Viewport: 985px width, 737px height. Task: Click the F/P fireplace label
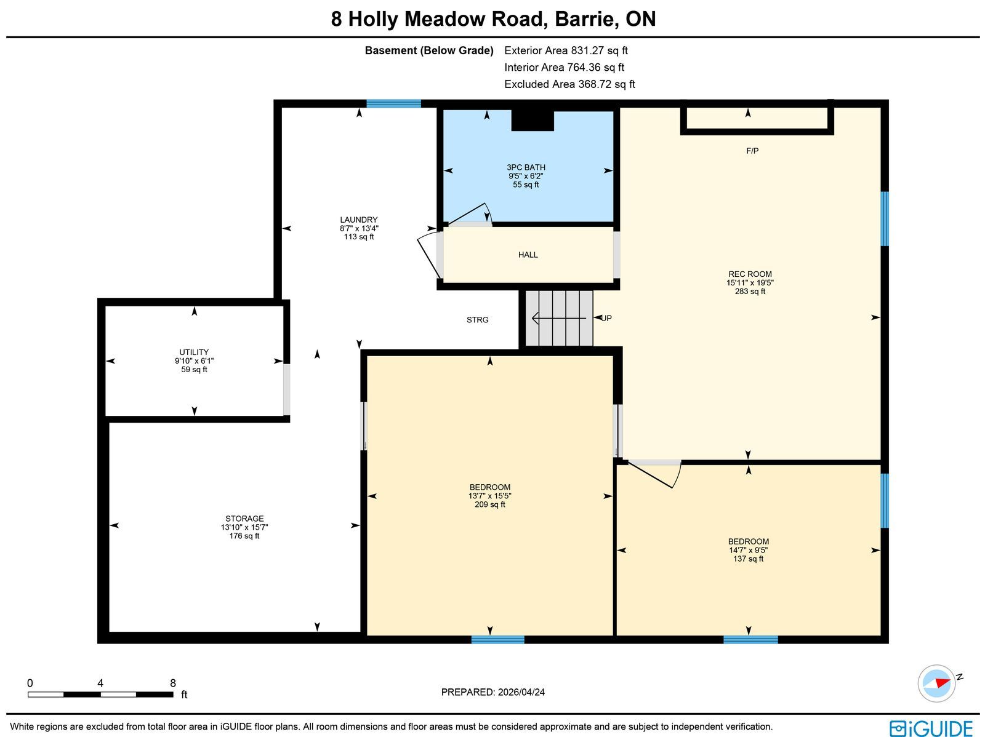pos(752,151)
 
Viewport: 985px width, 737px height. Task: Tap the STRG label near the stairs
pos(477,320)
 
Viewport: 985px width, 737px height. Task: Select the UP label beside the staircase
pos(606,318)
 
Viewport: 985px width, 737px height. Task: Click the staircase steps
pos(559,318)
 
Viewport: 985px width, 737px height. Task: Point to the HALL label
pos(528,255)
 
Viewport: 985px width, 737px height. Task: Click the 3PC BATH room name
pos(526,167)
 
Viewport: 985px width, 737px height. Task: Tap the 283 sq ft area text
pos(750,291)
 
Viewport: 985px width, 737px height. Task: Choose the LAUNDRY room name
pos(358,220)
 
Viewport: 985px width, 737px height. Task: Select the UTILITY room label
pos(194,352)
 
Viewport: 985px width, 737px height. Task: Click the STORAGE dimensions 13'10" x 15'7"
pos(244,527)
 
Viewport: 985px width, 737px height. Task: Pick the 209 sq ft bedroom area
pos(489,504)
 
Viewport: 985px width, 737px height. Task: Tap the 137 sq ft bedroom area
pos(748,559)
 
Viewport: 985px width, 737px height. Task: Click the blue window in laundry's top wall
pos(393,103)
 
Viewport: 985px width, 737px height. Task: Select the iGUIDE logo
pos(931,728)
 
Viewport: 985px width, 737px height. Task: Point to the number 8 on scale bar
pos(173,683)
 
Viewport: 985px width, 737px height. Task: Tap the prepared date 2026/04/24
pos(521,691)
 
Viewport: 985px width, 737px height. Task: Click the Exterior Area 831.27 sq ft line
pos(566,50)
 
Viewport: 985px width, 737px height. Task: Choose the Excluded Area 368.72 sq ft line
pos(569,84)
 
